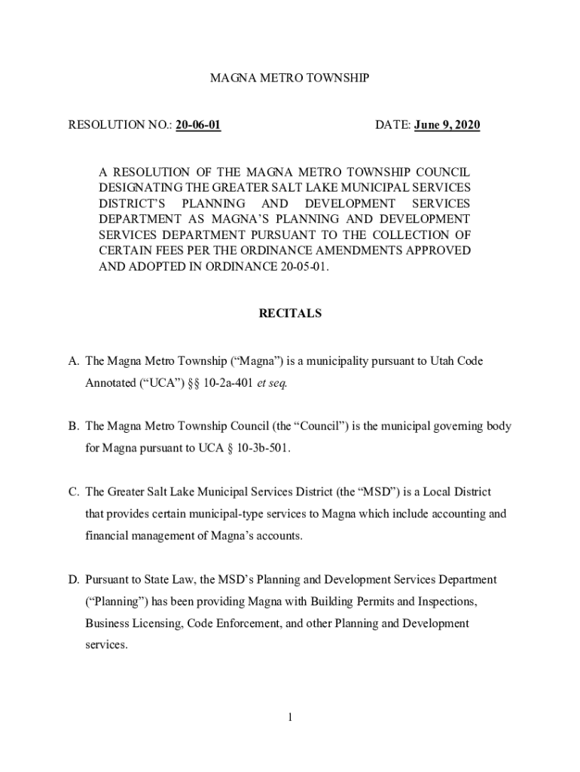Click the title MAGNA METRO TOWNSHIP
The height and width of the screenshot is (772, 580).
click(289, 78)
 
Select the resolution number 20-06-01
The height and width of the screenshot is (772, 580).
click(198, 125)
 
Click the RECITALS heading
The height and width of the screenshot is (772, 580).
click(290, 313)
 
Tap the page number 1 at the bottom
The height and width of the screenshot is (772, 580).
click(289, 716)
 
